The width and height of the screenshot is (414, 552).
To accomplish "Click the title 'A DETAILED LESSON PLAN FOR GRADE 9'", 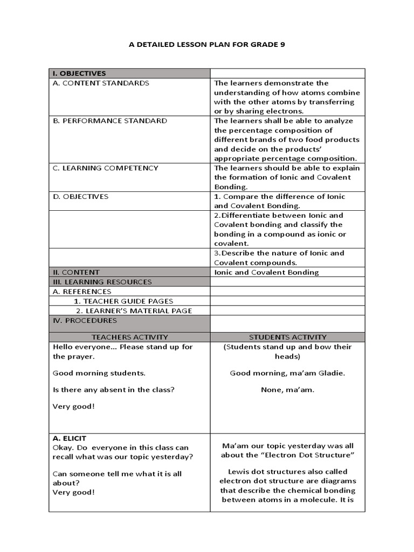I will click(206, 45).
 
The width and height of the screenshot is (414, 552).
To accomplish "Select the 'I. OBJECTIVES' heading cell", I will click(79, 73).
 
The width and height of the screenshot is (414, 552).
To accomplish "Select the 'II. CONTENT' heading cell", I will click(75, 272).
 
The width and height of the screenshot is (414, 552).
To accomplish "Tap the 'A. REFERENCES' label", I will click(82, 292).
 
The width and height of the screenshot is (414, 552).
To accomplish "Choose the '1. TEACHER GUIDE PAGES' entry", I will click(123, 301).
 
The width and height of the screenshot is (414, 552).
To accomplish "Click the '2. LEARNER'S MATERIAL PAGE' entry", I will click(134, 311).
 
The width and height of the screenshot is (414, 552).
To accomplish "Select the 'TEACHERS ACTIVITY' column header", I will click(128, 337).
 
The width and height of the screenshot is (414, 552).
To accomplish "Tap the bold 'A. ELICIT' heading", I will click(69, 438).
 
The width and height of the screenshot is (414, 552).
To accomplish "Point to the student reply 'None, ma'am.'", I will click(287, 390).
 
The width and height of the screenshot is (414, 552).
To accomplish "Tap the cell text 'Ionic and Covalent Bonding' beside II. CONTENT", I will click(266, 272).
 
